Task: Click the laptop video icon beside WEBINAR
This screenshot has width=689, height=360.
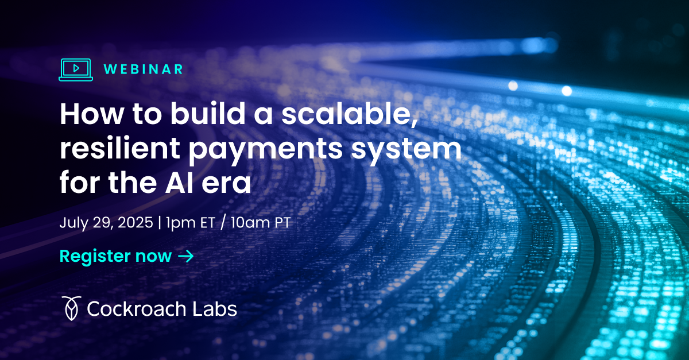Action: (75, 69)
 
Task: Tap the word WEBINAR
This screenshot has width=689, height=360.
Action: (144, 69)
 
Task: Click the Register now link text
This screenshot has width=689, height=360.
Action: (115, 256)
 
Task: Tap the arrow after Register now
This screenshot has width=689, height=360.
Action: (186, 256)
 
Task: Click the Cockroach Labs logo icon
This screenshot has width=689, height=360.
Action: (70, 308)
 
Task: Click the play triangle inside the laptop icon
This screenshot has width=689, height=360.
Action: (76, 68)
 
